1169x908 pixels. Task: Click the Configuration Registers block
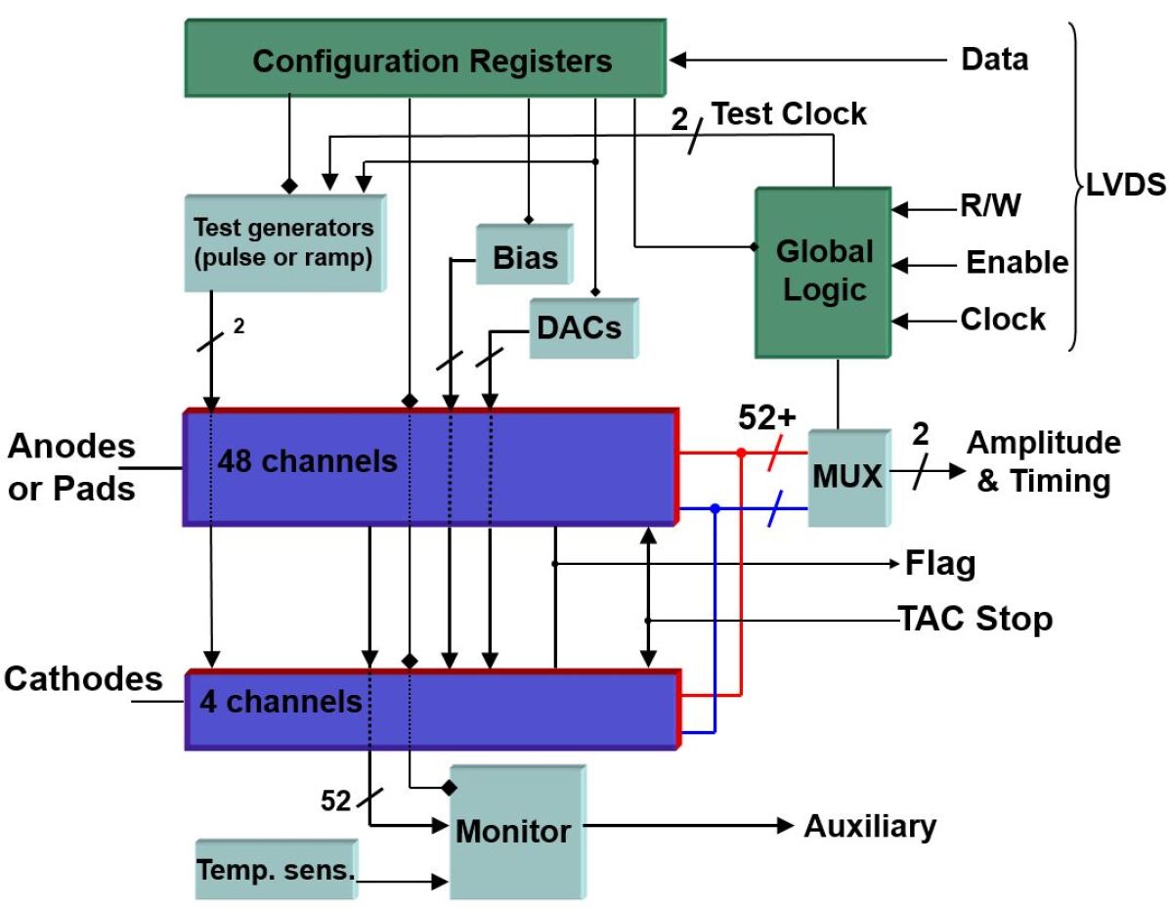(x=432, y=61)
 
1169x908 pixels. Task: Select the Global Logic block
(x=824, y=271)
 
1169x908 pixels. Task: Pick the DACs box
(x=579, y=327)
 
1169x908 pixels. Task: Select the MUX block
(x=846, y=477)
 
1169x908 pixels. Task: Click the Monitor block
(x=514, y=831)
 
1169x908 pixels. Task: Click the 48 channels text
(x=308, y=460)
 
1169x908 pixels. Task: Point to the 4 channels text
(x=281, y=701)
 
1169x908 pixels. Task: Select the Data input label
(x=994, y=60)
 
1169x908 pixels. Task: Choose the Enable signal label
(x=1017, y=263)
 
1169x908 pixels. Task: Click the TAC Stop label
(x=974, y=619)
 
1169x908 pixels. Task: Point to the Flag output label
(x=939, y=564)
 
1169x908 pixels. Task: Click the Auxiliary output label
(x=870, y=826)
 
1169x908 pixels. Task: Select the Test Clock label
(x=788, y=113)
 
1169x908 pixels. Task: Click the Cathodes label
(x=83, y=678)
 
